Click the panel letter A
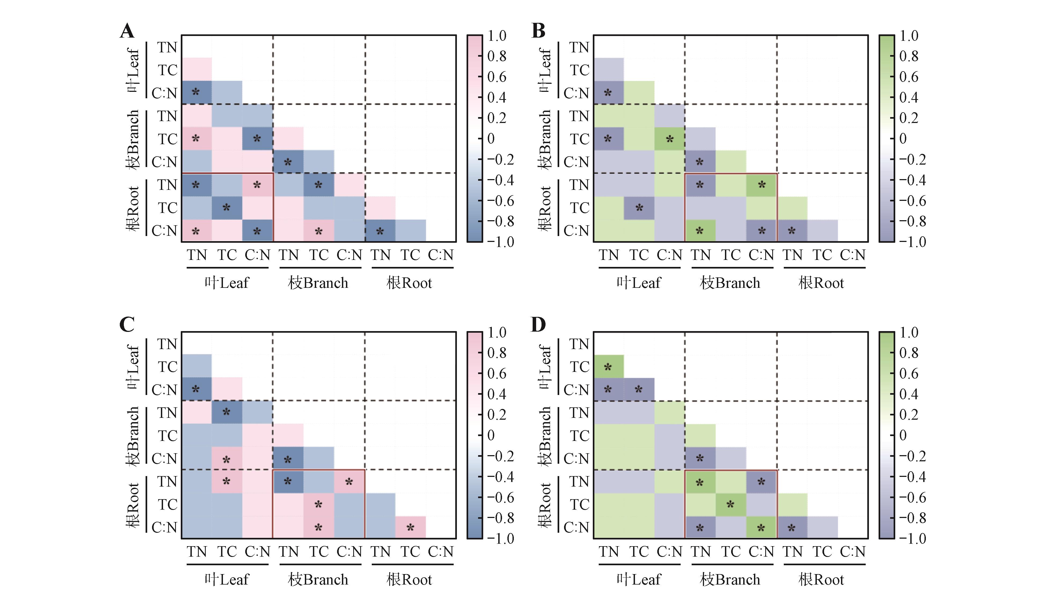pos(127,31)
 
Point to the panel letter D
pos(539,324)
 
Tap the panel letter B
pos(539,31)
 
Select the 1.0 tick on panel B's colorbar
pos(909,36)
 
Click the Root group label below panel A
pos(409,283)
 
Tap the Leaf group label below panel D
pos(638,579)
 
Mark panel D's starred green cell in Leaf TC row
pos(608,367)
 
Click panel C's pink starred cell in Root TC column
pos(410,527)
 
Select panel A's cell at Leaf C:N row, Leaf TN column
pos(196,92)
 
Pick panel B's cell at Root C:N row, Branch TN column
pos(700,231)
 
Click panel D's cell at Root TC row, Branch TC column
pos(730,504)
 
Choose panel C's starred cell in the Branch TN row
pos(226,412)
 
